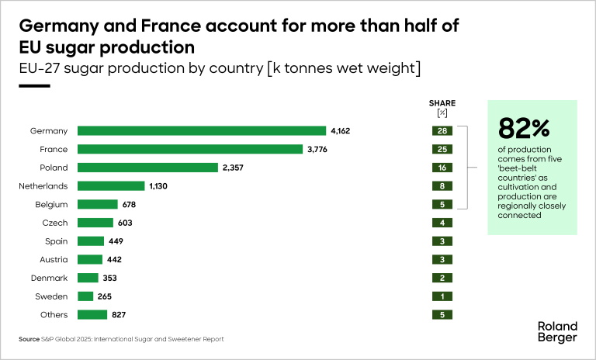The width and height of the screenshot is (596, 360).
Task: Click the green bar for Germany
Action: point(201,130)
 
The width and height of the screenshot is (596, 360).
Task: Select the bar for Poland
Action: point(147,168)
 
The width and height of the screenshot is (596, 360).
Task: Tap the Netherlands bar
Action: point(111,186)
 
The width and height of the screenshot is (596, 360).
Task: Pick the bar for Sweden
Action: point(85,296)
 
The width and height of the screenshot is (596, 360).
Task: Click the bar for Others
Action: point(92,314)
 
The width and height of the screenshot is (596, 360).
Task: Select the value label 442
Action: point(114,260)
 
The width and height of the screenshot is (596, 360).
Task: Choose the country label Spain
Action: point(57,241)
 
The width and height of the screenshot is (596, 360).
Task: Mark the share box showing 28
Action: point(442,130)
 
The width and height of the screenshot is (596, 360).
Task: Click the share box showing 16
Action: point(442,168)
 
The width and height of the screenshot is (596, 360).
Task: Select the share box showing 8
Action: point(442,186)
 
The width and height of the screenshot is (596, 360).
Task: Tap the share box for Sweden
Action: point(442,296)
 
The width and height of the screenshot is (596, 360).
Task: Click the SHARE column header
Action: point(442,103)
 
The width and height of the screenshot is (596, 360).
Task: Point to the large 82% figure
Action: point(524,126)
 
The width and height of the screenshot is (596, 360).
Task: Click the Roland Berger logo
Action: point(557,331)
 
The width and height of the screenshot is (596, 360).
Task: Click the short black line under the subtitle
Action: point(33,86)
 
